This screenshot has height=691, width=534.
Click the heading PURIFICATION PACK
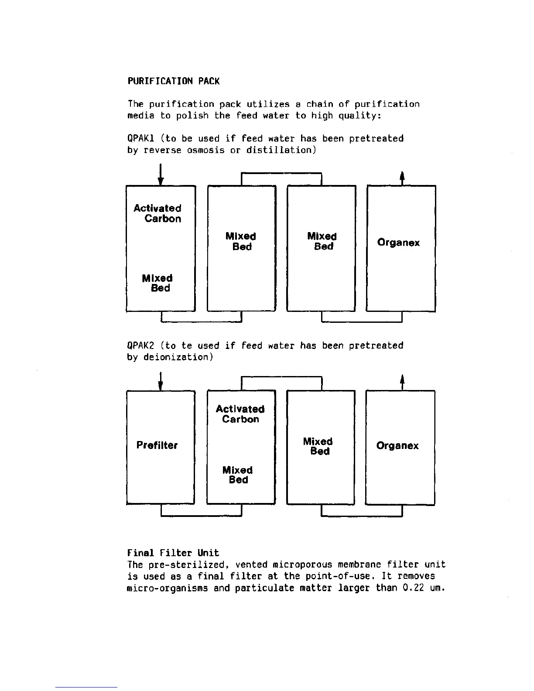click(x=173, y=81)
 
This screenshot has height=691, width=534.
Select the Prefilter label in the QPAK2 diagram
click(x=157, y=445)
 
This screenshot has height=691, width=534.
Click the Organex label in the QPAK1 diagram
click(x=398, y=243)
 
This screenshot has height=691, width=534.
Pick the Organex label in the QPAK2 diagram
click(x=397, y=445)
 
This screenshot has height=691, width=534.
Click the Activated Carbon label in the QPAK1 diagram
click(x=158, y=213)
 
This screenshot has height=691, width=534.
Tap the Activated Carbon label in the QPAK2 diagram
click(x=240, y=414)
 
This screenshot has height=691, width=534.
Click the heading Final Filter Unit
click(x=173, y=553)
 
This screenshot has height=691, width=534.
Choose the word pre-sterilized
click(x=189, y=564)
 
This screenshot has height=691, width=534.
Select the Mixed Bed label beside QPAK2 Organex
click(x=318, y=446)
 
